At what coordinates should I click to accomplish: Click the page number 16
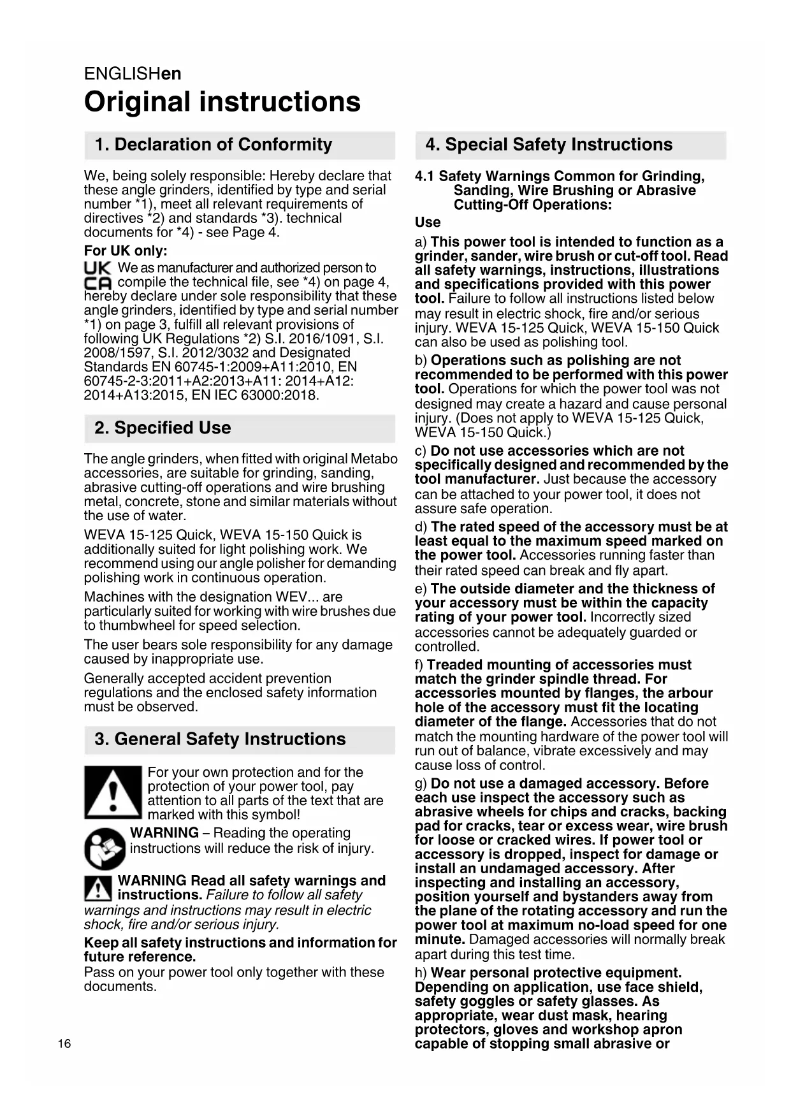click(x=64, y=1043)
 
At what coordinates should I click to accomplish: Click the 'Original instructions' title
click(x=222, y=102)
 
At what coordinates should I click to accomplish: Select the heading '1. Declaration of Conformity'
click(x=214, y=145)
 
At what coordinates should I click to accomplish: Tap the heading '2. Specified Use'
click(x=163, y=428)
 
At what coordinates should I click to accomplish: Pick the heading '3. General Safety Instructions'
click(x=220, y=739)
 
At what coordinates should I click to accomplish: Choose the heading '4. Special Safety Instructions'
click(x=549, y=145)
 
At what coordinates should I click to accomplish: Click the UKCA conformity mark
click(x=98, y=275)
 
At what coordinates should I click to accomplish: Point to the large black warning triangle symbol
click(x=112, y=792)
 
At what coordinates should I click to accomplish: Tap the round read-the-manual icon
click(x=105, y=848)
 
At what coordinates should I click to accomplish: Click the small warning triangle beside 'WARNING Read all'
click(x=98, y=888)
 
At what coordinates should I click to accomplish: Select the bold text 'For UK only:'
click(x=126, y=250)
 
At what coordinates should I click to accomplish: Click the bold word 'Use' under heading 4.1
click(x=428, y=222)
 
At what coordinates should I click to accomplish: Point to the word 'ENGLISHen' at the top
click(x=133, y=74)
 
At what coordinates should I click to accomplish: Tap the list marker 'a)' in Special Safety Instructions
click(x=421, y=242)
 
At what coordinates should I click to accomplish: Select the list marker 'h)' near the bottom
click(x=421, y=973)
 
